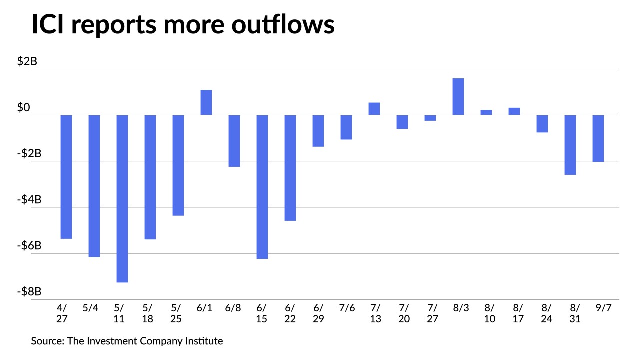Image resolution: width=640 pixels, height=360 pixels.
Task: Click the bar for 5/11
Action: click(122, 198)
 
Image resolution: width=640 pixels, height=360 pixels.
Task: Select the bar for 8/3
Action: click(458, 97)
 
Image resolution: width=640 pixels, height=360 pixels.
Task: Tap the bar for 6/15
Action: click(262, 187)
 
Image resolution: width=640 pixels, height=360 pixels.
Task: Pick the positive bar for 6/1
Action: click(206, 102)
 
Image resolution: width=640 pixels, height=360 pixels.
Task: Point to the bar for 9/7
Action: click(598, 138)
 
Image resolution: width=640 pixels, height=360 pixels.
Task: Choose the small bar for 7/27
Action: click(430, 118)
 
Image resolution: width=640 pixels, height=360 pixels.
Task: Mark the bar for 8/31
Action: click(570, 145)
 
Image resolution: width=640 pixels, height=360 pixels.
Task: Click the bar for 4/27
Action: click(66, 177)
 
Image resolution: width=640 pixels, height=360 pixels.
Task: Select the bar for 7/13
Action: click(374, 109)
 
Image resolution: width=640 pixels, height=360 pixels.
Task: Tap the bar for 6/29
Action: click(318, 131)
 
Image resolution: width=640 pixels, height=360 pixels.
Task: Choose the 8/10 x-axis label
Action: click(490, 313)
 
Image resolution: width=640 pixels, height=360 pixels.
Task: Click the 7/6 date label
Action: click(346, 308)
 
